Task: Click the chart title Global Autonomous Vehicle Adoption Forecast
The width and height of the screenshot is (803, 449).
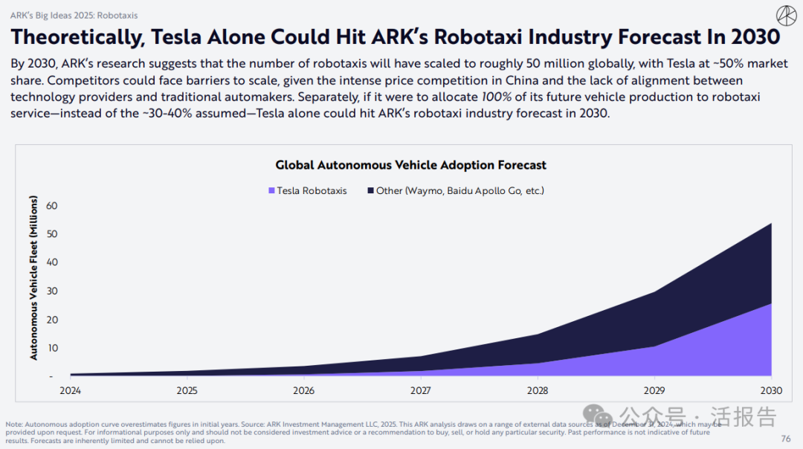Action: (x=410, y=165)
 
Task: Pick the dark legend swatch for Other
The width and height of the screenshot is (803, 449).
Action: (x=370, y=191)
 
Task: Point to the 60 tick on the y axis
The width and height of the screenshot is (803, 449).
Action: (x=51, y=205)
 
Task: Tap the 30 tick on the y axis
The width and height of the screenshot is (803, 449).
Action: (x=51, y=291)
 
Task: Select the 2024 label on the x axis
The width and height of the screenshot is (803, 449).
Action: (x=70, y=390)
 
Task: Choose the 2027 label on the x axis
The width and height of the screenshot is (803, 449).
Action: (x=421, y=390)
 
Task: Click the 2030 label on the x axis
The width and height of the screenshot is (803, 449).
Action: (x=771, y=390)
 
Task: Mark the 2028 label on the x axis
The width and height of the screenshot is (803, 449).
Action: (x=538, y=390)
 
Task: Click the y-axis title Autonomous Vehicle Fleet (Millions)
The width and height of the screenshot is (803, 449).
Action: (x=33, y=278)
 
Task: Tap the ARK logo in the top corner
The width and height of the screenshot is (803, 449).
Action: (x=786, y=15)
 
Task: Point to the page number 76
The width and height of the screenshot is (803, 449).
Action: (x=786, y=439)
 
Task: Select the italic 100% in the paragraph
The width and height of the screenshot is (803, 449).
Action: (x=497, y=97)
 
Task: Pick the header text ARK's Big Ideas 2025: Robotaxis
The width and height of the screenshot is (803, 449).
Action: (x=74, y=15)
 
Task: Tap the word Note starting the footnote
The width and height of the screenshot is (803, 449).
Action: (x=14, y=424)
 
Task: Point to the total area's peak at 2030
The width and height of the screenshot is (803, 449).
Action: (x=771, y=223)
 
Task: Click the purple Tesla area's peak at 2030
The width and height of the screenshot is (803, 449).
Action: (x=770, y=303)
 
